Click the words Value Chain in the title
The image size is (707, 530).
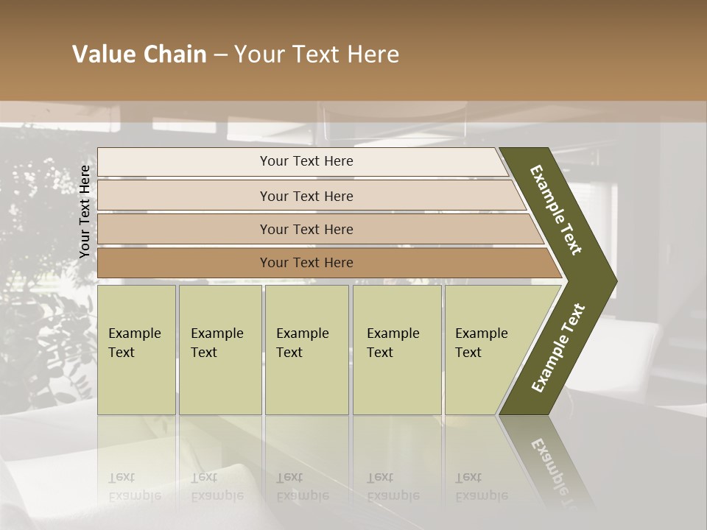point(139,54)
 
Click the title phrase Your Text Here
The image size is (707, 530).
point(317,54)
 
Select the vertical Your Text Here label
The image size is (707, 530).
point(85,211)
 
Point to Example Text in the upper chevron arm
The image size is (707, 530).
point(556,210)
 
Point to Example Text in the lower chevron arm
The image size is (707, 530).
point(558,347)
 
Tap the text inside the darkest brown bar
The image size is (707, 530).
point(306,263)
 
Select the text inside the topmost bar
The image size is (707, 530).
point(306,161)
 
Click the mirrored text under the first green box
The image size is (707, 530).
point(134,487)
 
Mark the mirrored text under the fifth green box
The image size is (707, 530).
point(481,487)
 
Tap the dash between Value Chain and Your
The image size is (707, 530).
point(220,54)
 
